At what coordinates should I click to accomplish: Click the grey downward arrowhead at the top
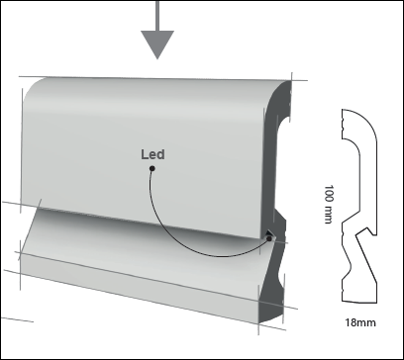[x=156, y=44]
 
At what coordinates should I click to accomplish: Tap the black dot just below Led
[x=151, y=169]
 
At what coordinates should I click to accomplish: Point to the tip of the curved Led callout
[x=269, y=237]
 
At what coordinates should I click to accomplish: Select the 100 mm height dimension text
[x=327, y=204]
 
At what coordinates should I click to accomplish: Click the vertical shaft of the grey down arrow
[x=156, y=15]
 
